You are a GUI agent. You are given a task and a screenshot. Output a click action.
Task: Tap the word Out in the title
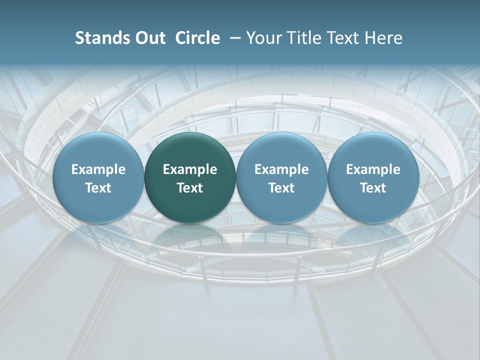pos(148,38)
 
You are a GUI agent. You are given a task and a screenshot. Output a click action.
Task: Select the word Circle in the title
pos(197,38)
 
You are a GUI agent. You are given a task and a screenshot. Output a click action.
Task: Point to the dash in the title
pos(233,38)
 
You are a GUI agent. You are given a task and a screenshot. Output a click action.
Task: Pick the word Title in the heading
pos(301,38)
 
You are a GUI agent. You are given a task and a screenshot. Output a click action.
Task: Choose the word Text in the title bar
pos(340,38)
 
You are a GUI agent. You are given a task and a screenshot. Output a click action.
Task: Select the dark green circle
pos(190,178)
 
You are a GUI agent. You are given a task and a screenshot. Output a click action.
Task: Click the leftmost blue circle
pos(98,178)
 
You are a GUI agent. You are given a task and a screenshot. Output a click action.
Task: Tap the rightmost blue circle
pos(373,178)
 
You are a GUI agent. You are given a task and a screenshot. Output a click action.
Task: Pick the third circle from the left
pos(281,178)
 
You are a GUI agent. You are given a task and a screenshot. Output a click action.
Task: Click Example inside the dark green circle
pos(190,169)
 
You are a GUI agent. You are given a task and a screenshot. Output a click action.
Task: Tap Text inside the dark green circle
pos(190,188)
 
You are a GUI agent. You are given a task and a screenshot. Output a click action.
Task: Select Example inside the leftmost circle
pos(98,169)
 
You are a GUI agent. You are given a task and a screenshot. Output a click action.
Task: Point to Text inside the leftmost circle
pos(98,188)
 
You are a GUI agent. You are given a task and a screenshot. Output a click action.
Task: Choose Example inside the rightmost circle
pos(373,169)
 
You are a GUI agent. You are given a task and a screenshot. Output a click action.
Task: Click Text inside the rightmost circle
pos(373,188)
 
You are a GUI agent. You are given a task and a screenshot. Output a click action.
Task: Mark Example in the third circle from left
pos(281,169)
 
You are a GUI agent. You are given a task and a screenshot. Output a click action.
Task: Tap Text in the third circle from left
pos(281,188)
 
